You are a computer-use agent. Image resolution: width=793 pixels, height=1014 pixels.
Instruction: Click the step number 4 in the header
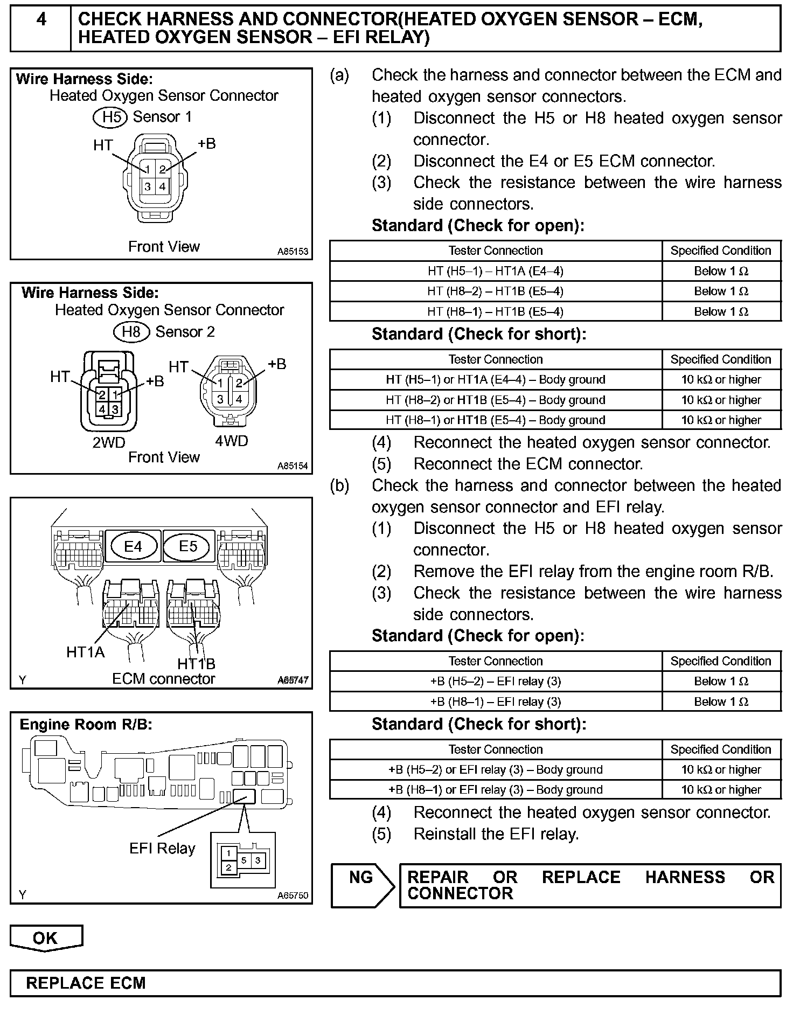tap(41, 20)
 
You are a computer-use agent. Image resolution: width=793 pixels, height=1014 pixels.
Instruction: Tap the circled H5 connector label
tap(110, 117)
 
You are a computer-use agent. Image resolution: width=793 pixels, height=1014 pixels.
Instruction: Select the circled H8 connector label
tap(131, 331)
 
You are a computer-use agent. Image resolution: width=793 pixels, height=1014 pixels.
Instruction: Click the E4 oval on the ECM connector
tap(133, 546)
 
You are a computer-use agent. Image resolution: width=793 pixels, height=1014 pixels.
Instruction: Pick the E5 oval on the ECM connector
tap(188, 546)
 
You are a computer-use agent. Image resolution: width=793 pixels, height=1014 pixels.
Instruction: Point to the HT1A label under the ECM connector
tap(85, 652)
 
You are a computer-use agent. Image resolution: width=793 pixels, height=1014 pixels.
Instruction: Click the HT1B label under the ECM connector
tap(196, 663)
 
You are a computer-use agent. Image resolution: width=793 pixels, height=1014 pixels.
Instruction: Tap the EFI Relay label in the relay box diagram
tap(162, 848)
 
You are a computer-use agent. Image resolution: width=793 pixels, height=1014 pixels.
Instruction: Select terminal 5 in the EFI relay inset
tap(244, 860)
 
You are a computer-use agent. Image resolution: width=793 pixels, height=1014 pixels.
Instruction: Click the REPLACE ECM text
tap(86, 983)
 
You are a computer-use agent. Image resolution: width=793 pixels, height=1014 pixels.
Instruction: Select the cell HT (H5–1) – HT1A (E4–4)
tap(495, 271)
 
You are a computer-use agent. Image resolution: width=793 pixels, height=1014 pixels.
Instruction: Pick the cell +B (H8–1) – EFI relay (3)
tap(495, 702)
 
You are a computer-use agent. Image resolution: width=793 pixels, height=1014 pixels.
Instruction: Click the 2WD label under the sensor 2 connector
tap(109, 442)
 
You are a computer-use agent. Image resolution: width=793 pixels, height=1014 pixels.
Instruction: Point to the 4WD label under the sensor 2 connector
tap(231, 441)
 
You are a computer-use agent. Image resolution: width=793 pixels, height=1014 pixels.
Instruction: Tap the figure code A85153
tap(293, 252)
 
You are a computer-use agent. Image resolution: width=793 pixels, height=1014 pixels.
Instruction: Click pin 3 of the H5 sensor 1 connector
tap(148, 187)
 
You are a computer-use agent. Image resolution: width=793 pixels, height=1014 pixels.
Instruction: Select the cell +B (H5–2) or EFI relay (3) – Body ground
tap(495, 769)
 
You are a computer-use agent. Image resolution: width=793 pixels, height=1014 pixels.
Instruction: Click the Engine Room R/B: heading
tap(86, 725)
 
